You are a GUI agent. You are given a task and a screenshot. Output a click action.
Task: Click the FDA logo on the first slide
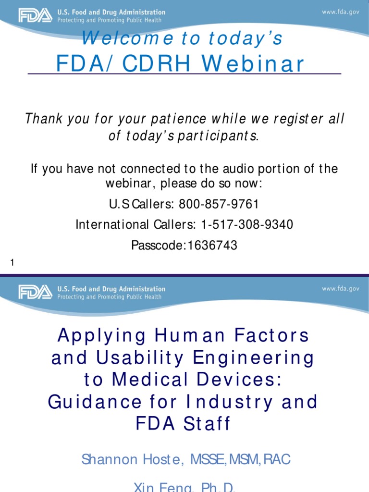click(35, 15)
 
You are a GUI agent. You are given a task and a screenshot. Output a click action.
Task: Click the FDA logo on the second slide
click(35, 292)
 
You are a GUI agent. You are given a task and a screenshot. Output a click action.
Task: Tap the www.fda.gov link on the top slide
click(340, 12)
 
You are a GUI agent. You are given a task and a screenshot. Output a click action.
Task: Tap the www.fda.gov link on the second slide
click(340, 289)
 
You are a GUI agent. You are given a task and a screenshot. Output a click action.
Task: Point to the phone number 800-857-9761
click(219, 204)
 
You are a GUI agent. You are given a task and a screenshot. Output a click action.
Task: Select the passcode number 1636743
click(212, 246)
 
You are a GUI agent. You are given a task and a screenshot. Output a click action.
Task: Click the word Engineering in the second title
click(259, 357)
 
